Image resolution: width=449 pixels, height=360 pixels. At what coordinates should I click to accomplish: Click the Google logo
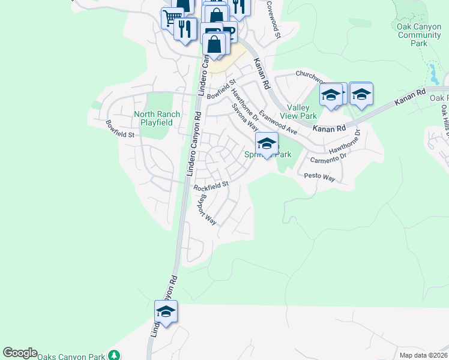point(20,353)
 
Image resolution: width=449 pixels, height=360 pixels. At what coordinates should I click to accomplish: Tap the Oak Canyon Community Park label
point(420,35)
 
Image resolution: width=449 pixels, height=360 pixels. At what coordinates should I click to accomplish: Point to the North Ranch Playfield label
point(153,118)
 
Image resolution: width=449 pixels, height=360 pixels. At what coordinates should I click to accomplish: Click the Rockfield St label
point(211,186)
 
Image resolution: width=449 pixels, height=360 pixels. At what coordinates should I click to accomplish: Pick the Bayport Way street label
point(208,209)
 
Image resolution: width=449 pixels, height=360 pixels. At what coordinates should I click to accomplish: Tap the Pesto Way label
point(319,177)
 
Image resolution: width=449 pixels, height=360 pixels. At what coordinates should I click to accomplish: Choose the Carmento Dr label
point(328,158)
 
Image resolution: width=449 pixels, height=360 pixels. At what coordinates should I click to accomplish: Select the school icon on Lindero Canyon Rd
point(166,311)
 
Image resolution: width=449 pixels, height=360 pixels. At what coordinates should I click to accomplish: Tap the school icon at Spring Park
point(267,144)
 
